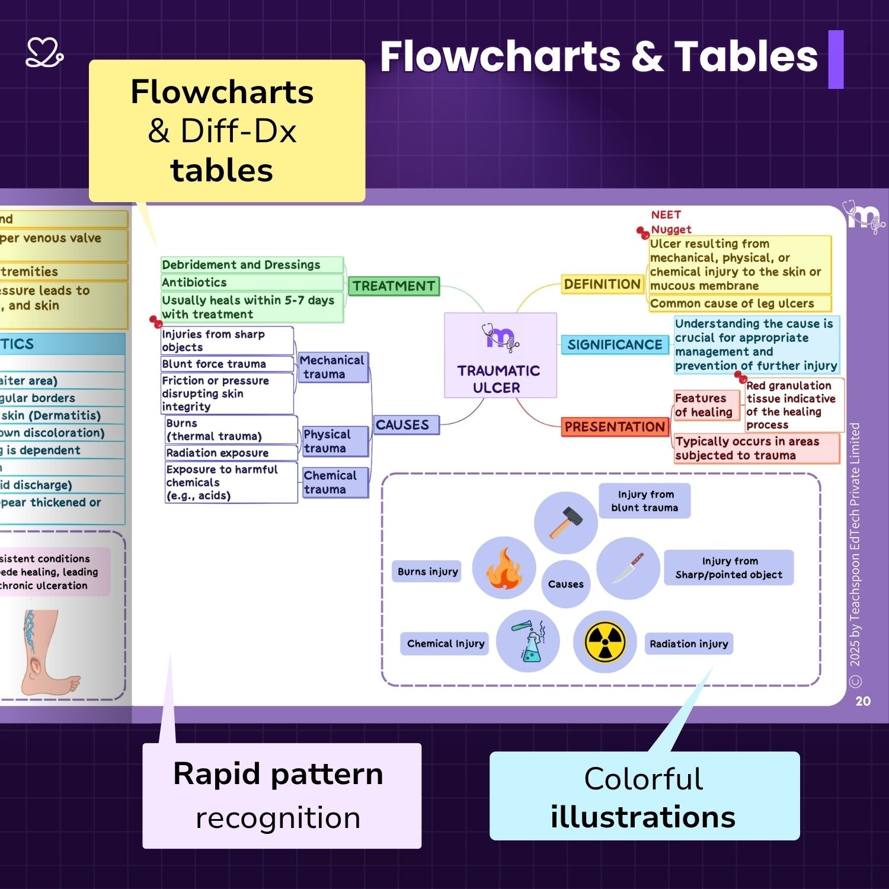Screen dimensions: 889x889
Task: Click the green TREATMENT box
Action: tap(394, 286)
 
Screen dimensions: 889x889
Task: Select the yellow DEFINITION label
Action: tap(602, 284)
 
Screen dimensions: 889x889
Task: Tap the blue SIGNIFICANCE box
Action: tap(614, 345)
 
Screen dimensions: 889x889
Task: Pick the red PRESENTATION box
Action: tap(615, 427)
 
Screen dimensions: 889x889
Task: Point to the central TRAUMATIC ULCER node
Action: tap(500, 356)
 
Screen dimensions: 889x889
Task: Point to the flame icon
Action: tap(504, 569)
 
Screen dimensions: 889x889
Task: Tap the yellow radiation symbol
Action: tap(605, 642)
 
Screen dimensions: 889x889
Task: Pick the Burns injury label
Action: tap(427, 572)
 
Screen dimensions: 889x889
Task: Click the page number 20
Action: tap(863, 701)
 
